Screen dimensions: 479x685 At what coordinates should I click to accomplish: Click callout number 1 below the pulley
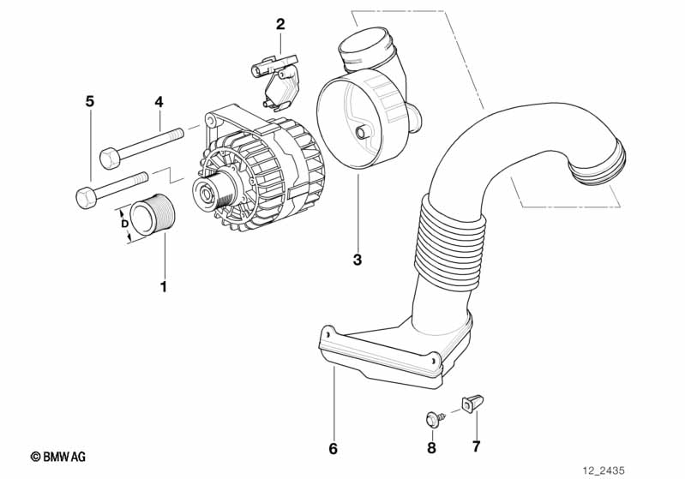(x=163, y=286)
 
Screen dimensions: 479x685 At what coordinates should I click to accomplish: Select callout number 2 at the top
(x=280, y=24)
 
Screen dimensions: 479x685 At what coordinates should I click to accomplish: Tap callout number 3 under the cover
(x=358, y=259)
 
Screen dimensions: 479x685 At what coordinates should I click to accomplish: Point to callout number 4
(x=159, y=102)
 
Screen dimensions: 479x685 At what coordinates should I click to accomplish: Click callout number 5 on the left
(x=89, y=102)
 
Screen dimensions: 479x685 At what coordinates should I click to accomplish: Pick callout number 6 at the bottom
(x=333, y=448)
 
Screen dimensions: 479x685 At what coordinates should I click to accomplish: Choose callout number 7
(x=476, y=447)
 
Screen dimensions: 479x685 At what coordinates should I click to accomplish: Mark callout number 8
(x=431, y=447)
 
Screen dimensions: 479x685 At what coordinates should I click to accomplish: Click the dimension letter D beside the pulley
(x=125, y=224)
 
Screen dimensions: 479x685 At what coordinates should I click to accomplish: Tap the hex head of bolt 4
(x=109, y=158)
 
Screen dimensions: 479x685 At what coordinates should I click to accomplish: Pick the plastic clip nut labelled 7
(x=471, y=402)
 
